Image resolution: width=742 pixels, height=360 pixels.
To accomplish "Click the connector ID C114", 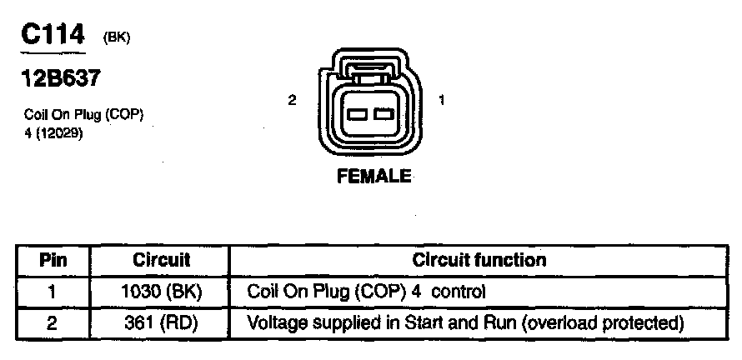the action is pos(53,35).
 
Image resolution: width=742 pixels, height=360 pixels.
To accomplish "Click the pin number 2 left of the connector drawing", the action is pos(292,100).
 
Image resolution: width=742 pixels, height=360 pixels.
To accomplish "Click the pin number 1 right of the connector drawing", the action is pos(440,100).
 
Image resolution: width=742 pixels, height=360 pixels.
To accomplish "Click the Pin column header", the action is pos(53,260).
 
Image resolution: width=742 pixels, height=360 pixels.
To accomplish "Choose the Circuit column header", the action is pos(162,260).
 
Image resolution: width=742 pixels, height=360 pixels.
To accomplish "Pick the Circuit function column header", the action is pos(479,260).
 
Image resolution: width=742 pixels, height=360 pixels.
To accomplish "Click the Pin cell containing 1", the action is pos(53,292).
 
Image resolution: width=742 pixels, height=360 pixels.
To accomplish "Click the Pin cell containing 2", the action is pos(53,322).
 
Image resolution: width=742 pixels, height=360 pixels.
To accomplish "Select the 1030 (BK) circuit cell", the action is pos(162,292).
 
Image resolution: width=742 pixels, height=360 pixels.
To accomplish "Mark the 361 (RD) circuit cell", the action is pos(162,322).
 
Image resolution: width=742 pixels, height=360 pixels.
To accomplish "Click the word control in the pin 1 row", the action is pos(459,292).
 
